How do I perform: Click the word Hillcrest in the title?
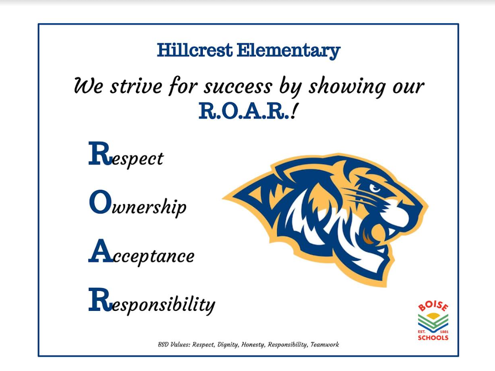tap(195, 50)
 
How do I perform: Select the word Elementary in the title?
tap(288, 50)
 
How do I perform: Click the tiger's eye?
tap(375, 187)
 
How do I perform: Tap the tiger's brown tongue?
tap(367, 236)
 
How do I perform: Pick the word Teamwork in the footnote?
tap(324, 345)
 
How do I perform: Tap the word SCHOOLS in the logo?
tap(433, 338)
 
